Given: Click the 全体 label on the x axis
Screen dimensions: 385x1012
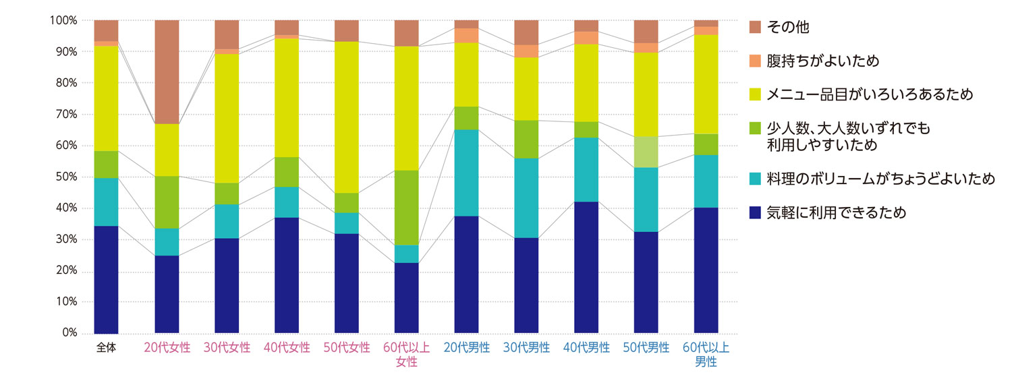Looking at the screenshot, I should pos(106,348).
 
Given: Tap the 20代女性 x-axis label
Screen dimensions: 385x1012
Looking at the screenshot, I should pos(167,348).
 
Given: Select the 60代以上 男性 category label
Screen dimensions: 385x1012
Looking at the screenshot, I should pos(706,355).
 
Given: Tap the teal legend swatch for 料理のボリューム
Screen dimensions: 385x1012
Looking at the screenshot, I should pos(756,179).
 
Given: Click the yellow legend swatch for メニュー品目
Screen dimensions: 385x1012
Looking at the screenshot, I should pos(756,94).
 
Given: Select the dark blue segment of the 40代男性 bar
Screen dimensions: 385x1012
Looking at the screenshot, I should pos(586,267).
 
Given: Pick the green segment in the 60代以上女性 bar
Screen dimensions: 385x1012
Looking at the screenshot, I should pos(407,208).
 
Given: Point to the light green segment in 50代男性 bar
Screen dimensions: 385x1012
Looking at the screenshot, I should pos(646,152).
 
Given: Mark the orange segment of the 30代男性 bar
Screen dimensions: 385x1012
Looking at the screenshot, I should pos(526,51).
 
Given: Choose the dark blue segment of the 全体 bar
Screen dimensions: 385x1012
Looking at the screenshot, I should pos(106,279).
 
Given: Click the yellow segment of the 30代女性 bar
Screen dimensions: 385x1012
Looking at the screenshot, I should pos(227,118).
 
